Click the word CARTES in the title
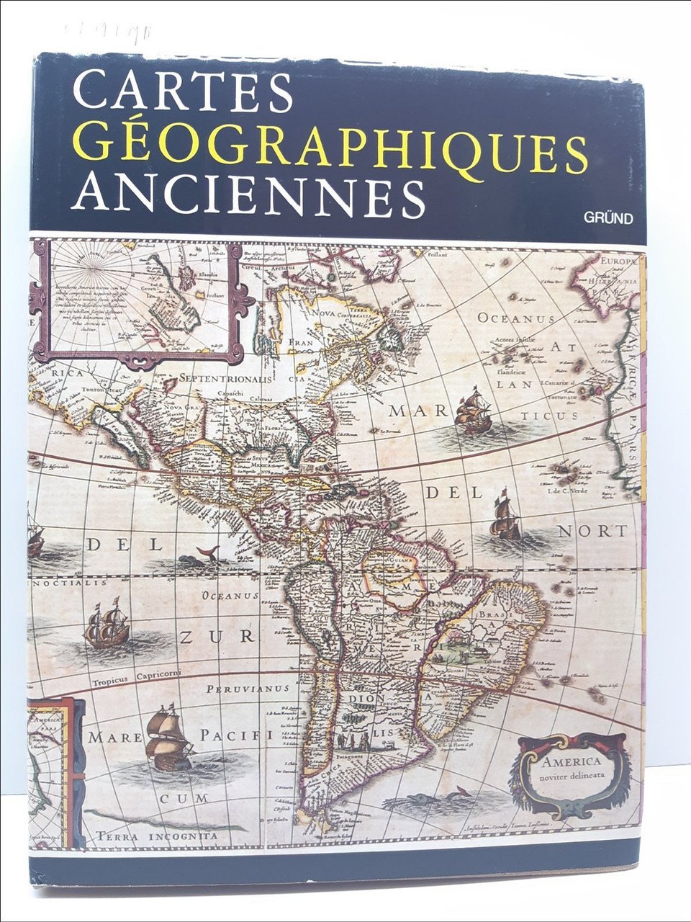(183, 91)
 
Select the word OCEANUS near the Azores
(515, 318)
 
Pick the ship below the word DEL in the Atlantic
(505, 519)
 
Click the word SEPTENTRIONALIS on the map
(225, 378)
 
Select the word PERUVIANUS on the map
(248, 689)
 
